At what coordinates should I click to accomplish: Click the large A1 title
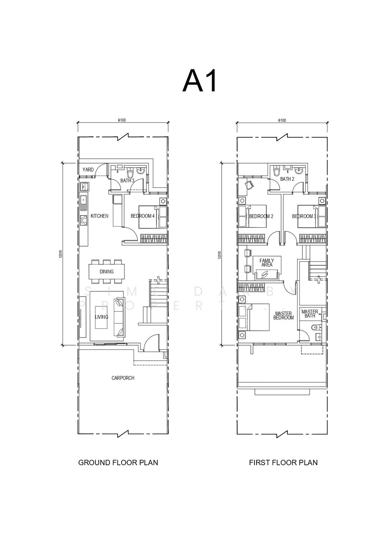tap(200, 81)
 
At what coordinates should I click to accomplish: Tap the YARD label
tap(88, 170)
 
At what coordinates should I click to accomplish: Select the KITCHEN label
tap(100, 216)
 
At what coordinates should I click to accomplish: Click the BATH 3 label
tap(127, 181)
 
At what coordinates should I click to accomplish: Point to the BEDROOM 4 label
tap(143, 216)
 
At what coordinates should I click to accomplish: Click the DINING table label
tap(107, 272)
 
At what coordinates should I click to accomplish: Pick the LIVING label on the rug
tap(101, 317)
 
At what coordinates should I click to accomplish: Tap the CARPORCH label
tap(123, 378)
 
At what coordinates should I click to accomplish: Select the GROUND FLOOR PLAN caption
tap(118, 463)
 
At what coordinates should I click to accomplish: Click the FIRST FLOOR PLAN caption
tap(283, 463)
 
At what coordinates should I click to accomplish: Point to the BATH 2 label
tap(287, 179)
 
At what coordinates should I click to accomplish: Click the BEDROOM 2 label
tap(261, 216)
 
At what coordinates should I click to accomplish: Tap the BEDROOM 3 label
tap(304, 216)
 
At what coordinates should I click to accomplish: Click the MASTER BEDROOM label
tap(284, 315)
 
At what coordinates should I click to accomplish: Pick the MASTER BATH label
tap(310, 314)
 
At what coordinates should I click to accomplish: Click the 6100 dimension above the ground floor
tap(122, 120)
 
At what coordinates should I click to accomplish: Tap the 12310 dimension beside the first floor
tap(219, 255)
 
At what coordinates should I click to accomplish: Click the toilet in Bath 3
tap(130, 172)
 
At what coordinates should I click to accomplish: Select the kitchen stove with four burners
tap(84, 220)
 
